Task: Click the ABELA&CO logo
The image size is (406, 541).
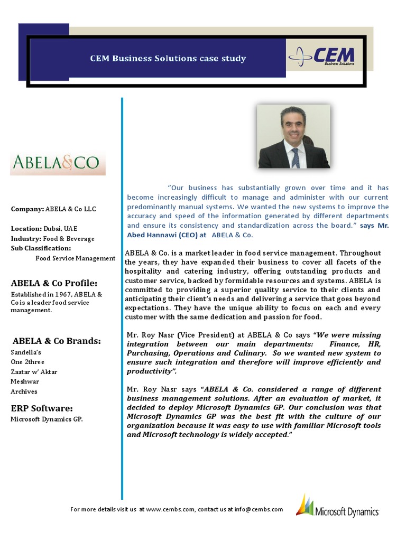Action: click(x=58, y=163)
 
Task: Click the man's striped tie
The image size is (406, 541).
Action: click(x=295, y=157)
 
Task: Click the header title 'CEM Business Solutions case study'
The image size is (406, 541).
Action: click(x=168, y=58)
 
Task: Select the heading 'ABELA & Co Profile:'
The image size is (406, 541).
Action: click(x=54, y=283)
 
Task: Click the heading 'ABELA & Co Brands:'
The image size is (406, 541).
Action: click(x=57, y=341)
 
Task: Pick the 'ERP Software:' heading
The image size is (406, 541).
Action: click(x=42, y=408)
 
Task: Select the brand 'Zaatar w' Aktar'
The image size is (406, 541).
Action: click(x=34, y=371)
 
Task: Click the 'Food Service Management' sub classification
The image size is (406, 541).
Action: click(x=75, y=258)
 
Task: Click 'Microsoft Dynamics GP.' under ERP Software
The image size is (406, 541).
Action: click(x=47, y=419)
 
